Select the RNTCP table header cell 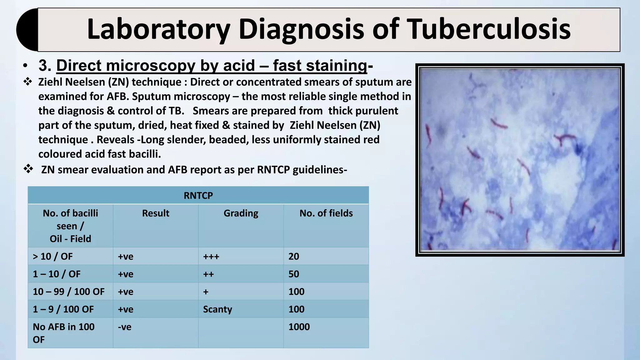point(198,195)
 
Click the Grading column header point(241,213)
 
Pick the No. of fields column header point(326,213)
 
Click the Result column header point(155,213)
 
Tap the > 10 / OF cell point(53,256)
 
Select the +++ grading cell point(211,256)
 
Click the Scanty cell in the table point(217,309)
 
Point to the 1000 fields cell point(299,327)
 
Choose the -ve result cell point(125,327)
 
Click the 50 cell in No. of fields point(294,274)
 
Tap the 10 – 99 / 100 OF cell point(69,292)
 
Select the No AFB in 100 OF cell point(63,333)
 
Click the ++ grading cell point(208,274)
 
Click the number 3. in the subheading point(45,66)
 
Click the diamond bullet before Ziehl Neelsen point(28,82)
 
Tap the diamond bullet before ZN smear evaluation point(28,169)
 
